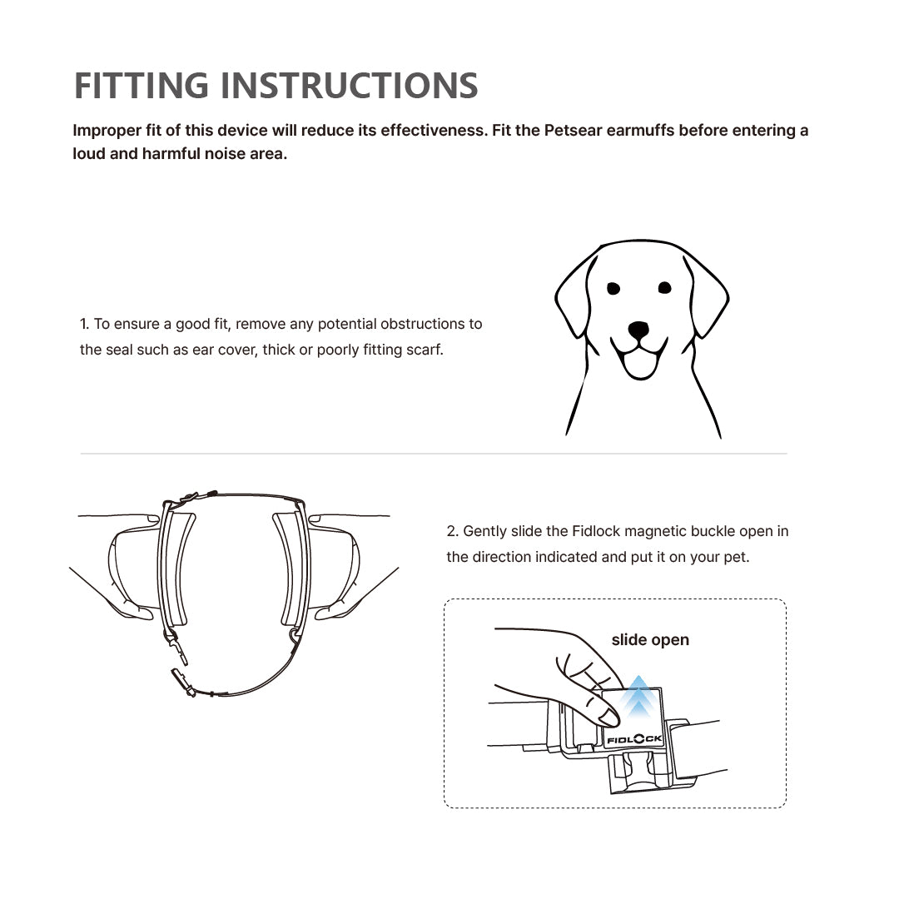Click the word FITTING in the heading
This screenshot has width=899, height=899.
pos(142,86)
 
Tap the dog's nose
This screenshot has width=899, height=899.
pos(638,330)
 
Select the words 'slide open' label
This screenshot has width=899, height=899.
pos(650,640)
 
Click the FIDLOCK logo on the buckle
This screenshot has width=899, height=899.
pos(634,738)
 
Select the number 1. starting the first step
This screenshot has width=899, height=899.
pos(84,324)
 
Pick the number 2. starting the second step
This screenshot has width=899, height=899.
pos(452,531)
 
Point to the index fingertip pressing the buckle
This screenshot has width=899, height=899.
pos(608,717)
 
